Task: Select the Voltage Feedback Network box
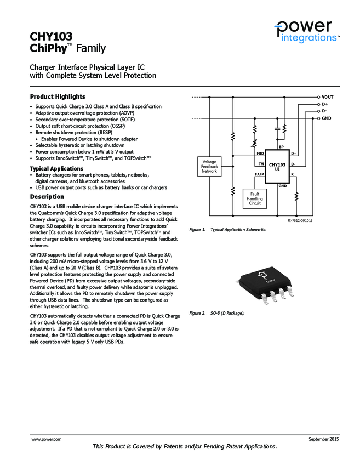209,167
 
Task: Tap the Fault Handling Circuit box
254,199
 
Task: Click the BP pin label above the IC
281,147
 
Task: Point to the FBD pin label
260,154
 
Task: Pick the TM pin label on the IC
261,164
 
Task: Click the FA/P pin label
259,174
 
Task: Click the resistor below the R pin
296,196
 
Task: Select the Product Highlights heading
58,96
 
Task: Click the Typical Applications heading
56,168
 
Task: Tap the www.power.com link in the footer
46,440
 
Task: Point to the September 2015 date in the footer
324,440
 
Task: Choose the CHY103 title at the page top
51,37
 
